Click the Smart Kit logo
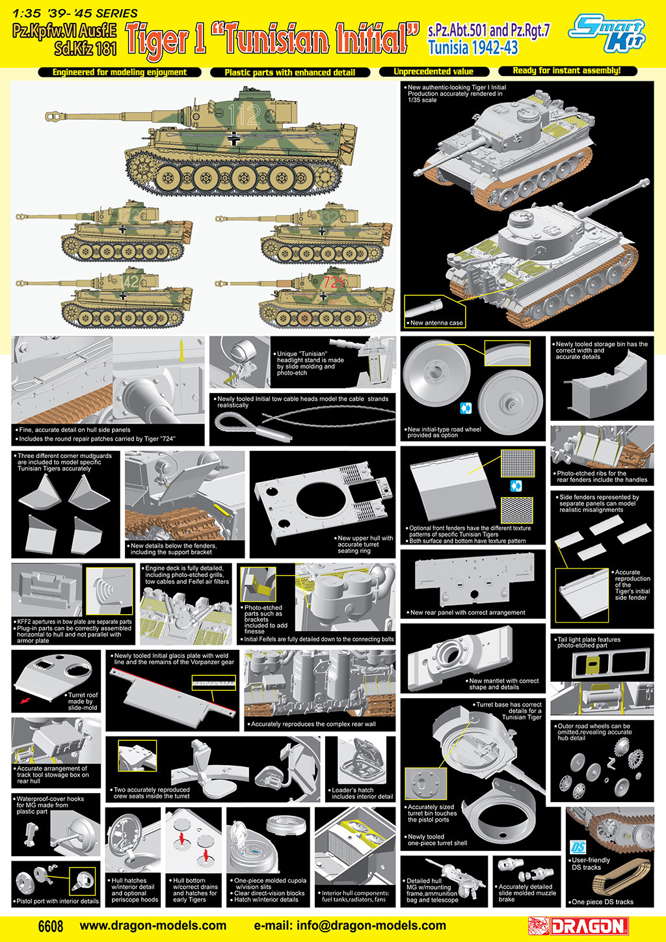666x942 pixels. coord(606,34)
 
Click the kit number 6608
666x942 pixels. coord(51,926)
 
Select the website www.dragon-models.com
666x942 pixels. coord(153,926)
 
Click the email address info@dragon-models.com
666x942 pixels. coord(350,926)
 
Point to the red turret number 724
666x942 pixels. coord(334,282)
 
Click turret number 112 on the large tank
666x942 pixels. coord(244,114)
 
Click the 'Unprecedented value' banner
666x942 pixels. coord(434,72)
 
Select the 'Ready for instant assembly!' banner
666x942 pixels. coord(566,71)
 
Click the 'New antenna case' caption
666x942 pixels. coord(436,323)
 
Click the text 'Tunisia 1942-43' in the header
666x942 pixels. coord(473,47)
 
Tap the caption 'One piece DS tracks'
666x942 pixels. coord(602,902)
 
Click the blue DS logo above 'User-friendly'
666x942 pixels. coord(578,847)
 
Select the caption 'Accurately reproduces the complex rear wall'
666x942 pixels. coord(313,724)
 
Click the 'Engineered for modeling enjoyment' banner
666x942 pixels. coord(120,72)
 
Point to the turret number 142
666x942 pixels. coord(129,281)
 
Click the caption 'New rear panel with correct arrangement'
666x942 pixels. coord(468,612)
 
